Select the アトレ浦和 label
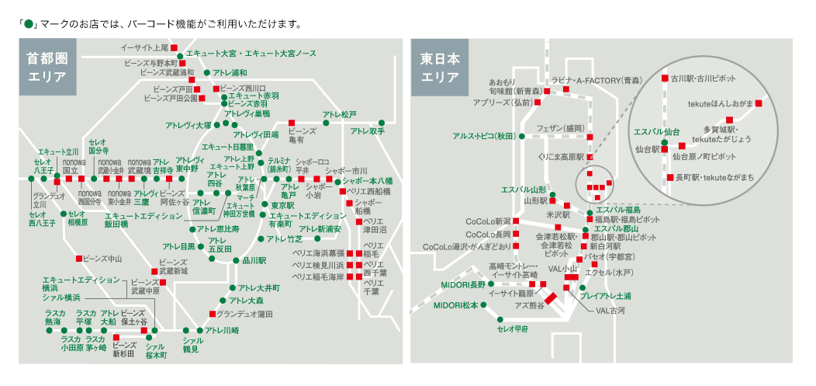pyautogui.click(x=230, y=72)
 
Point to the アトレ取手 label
pyautogui.click(x=367, y=131)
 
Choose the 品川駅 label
pyautogui.click(x=254, y=261)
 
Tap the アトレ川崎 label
pyautogui.click(x=221, y=331)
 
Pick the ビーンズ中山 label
pyautogui.click(x=104, y=258)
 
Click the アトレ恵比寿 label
pyautogui.click(x=218, y=229)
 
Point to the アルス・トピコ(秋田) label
pyautogui.click(x=485, y=136)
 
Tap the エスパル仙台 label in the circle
pyautogui.click(x=657, y=131)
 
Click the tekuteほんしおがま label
pyautogui.click(x=721, y=103)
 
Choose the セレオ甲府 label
pyautogui.click(x=512, y=329)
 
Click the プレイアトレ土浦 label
pyautogui.click(x=606, y=296)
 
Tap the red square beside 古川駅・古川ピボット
pyautogui.click(x=664, y=78)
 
